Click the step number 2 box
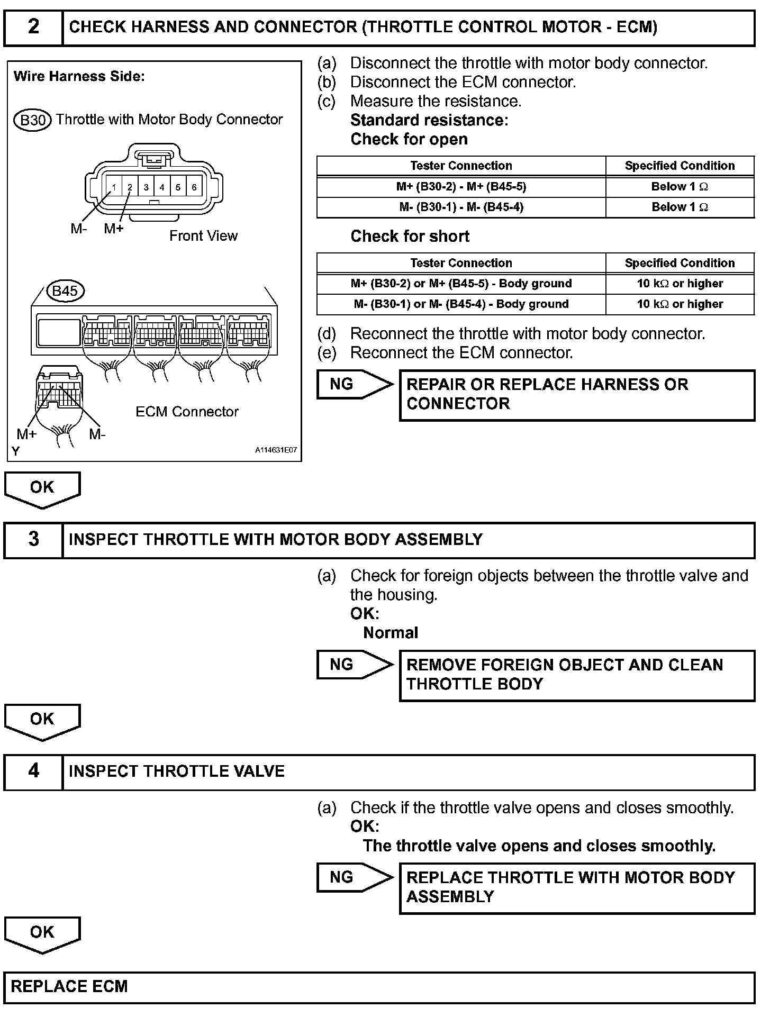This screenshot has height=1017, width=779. [33, 27]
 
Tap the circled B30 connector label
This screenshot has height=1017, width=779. [32, 120]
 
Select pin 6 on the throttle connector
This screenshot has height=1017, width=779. [194, 187]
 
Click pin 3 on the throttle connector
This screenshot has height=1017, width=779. [146, 187]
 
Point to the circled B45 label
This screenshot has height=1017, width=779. [65, 291]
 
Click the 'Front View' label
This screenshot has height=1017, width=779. [203, 236]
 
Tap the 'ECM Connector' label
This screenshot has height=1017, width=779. [187, 412]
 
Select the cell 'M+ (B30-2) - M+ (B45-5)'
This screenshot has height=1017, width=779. [461, 187]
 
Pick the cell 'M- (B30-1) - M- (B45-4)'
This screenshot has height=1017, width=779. [461, 207]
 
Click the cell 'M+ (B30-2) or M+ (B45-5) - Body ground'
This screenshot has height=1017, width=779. [461, 284]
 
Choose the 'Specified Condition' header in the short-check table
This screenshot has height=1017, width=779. [680, 263]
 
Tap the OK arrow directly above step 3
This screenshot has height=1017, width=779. [42, 489]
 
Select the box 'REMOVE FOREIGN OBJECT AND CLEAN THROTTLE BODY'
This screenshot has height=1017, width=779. [577, 675]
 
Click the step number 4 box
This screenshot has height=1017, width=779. [33, 771]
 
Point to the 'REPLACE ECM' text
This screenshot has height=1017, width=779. [69, 987]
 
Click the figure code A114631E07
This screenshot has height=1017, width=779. [276, 450]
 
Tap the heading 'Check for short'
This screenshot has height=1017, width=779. [410, 236]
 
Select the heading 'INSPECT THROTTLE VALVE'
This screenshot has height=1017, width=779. [177, 771]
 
